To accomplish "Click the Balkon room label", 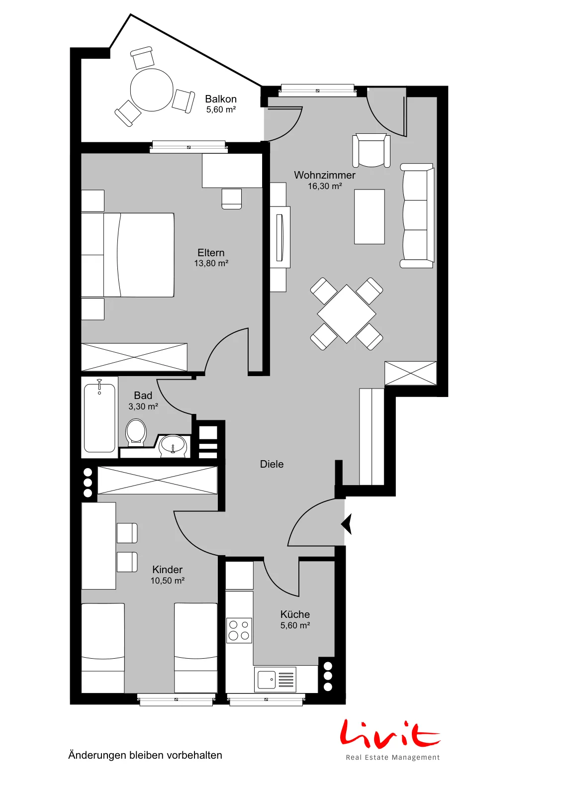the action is click(221, 99).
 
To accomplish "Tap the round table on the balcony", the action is click(152, 90).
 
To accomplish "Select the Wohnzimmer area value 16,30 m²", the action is click(325, 186).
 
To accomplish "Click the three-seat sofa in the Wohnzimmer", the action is click(417, 216).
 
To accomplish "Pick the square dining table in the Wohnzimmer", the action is click(346, 314).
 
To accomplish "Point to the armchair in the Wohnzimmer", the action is click(371, 150).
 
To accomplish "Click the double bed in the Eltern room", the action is click(128, 255).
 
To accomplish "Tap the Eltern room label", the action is click(211, 253).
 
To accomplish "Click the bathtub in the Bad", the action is click(99, 417).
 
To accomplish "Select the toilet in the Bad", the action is click(136, 432).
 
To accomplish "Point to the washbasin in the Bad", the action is click(173, 445).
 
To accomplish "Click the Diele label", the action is click(272, 464).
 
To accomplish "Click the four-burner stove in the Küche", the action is click(239, 631).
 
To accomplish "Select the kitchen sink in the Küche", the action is click(275, 680).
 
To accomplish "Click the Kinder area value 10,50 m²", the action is click(167, 581).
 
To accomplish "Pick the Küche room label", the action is click(295, 614).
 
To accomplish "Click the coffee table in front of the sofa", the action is click(370, 217).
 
